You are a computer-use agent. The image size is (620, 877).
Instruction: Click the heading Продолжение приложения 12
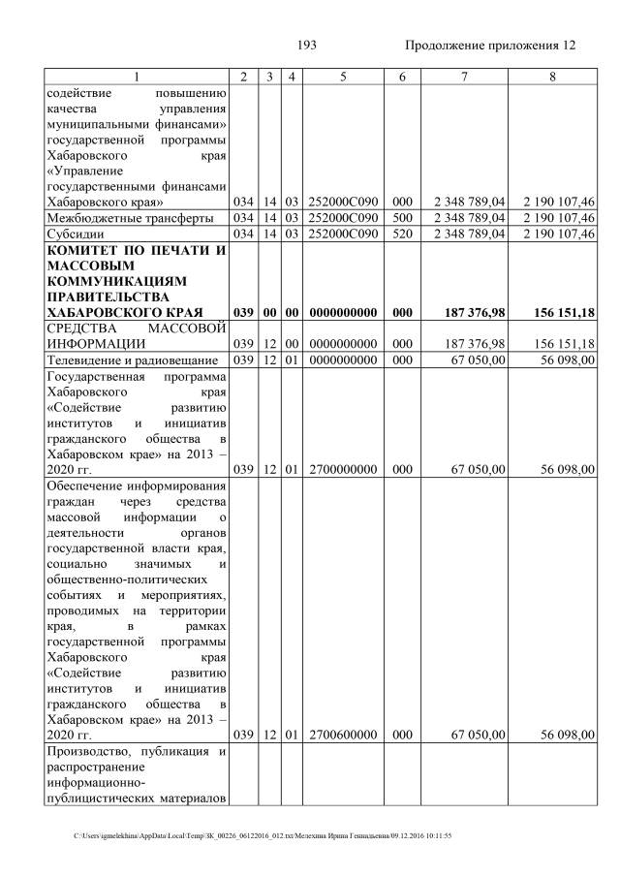(489, 45)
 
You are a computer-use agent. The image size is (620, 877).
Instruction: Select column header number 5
(343, 78)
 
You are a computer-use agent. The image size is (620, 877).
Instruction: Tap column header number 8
(551, 78)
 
